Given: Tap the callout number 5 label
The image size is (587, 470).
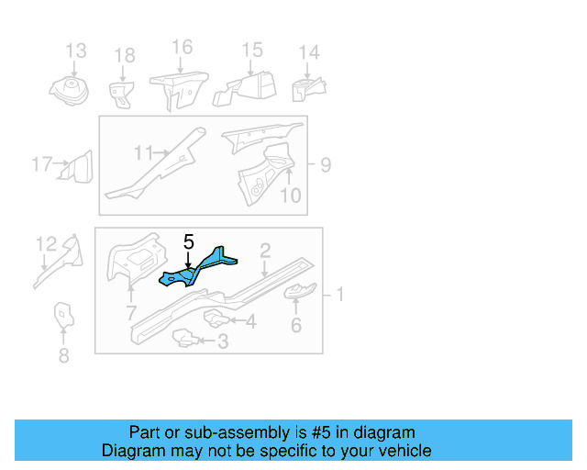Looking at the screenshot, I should point(188,242).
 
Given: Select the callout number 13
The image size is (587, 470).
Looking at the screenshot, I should point(75,50).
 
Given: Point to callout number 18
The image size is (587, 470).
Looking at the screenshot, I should point(124,57).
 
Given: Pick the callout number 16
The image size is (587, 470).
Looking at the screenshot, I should point(182,47).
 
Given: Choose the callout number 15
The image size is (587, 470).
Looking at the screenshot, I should point(251,50).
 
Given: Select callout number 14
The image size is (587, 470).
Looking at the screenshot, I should point(310,52).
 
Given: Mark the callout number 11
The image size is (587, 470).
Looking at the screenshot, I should point(144,151).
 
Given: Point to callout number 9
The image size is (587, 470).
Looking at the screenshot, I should point(326,165).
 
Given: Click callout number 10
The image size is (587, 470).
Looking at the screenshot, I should point(290,195).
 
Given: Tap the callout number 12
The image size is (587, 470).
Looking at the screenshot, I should point(46,243).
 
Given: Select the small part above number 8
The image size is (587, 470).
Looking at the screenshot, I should point(62,314).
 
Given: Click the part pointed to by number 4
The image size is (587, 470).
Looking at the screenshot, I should point(214,319).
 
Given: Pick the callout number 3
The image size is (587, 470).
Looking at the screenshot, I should point(221,342).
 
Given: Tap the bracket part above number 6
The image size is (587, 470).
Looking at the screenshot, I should point(298,293).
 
